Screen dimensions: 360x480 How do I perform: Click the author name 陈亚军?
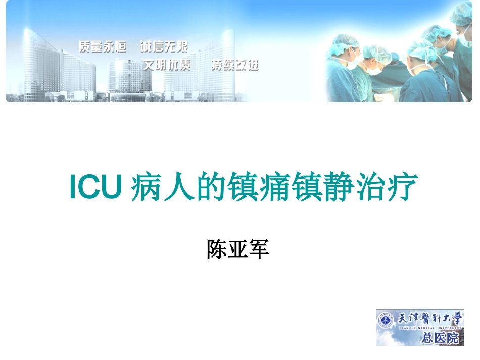pos(237,249)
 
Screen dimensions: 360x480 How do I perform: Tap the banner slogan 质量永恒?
pos(102,46)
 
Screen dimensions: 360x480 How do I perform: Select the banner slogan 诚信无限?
pos(164,46)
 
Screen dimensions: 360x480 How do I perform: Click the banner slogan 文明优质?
pos(167,66)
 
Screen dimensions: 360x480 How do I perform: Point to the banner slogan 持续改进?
pos(234,66)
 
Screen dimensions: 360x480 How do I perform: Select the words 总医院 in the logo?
pos(441,338)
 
